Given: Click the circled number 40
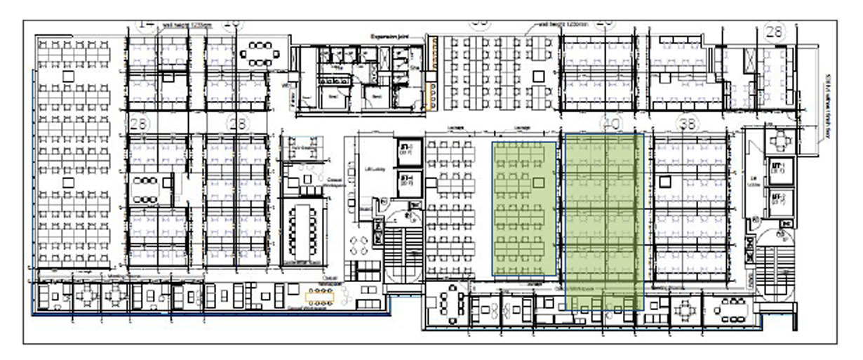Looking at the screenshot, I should click(x=610, y=124).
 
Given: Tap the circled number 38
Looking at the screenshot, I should click(x=687, y=124).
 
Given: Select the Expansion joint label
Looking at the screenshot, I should click(x=389, y=34).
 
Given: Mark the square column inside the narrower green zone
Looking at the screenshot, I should click(x=538, y=182).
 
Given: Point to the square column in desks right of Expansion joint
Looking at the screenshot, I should click(x=538, y=76).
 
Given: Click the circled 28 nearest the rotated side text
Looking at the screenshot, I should click(x=774, y=32).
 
